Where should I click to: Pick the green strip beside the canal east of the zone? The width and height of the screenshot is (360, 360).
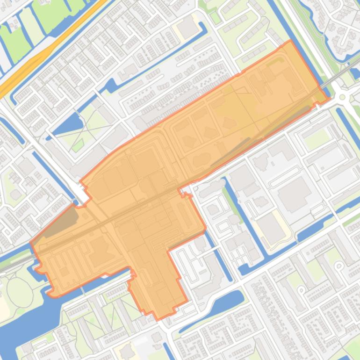point(229,196)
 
